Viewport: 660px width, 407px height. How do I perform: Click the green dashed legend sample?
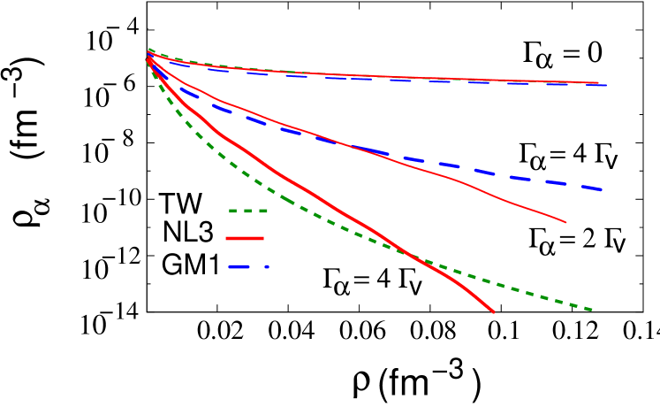[x=248, y=211]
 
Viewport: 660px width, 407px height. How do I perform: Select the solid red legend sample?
[x=245, y=239]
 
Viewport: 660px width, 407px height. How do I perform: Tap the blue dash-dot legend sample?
[x=246, y=266]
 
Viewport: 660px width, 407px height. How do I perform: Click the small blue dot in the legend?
[x=266, y=266]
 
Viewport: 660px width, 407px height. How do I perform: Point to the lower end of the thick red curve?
[x=493, y=312]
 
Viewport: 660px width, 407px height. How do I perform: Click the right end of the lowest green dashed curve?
[x=591, y=310]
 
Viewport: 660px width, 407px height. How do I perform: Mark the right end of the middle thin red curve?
[x=565, y=222]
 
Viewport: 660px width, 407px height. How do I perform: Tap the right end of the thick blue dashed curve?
[x=602, y=189]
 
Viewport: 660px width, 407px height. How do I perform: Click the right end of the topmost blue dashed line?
[x=606, y=85]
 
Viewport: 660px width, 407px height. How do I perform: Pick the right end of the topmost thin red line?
[x=598, y=82]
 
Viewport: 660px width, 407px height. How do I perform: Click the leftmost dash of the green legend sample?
[x=233, y=211]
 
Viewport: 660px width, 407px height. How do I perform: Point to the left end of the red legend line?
[x=227, y=239]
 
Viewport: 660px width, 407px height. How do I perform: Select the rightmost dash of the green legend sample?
[x=262, y=211]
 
